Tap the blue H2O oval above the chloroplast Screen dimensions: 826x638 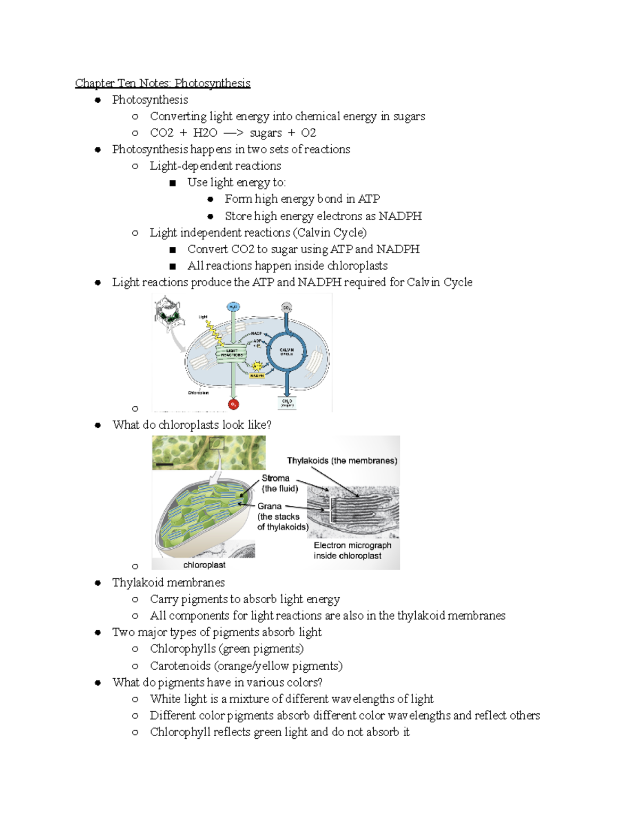coord(233,307)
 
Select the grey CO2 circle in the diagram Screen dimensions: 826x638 coord(287,307)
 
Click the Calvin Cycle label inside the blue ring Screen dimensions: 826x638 coord(287,352)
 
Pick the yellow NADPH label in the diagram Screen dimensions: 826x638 coord(257,376)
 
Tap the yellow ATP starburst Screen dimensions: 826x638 coord(257,366)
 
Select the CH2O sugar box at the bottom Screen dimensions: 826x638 coord(287,403)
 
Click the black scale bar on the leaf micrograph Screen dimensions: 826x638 coord(165,464)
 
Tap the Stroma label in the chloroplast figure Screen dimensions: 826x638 coord(275,478)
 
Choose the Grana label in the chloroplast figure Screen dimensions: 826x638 coord(270,506)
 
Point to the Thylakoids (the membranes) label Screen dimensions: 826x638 coord(342,461)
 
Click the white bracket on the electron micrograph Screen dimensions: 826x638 coord(331,510)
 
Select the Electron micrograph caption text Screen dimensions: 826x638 coord(352,550)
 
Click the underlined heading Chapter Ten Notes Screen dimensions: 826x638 coord(162,83)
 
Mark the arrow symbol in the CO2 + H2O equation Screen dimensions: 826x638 coord(233,133)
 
